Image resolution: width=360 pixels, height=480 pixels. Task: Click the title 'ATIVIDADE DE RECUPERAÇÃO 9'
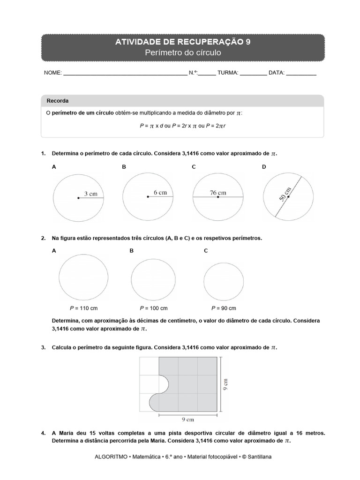(182, 42)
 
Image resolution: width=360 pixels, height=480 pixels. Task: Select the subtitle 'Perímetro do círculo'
(182, 53)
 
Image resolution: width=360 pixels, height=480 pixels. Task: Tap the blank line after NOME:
(124, 73)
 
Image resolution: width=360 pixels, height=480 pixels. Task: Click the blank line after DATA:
(301, 73)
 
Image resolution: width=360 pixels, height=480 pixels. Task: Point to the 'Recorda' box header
(57, 101)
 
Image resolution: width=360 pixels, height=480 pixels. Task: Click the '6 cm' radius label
(160, 192)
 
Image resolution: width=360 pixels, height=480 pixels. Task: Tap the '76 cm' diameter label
(218, 192)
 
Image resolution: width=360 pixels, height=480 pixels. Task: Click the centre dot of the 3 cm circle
(78, 198)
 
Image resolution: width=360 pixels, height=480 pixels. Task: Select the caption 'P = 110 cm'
(83, 308)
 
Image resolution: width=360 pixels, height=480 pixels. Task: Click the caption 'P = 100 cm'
(154, 308)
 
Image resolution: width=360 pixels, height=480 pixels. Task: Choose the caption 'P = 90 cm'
(224, 308)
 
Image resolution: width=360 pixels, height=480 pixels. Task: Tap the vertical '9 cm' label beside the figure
(225, 384)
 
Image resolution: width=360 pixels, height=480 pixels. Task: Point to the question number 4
(43, 434)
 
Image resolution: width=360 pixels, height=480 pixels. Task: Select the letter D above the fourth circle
(264, 166)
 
